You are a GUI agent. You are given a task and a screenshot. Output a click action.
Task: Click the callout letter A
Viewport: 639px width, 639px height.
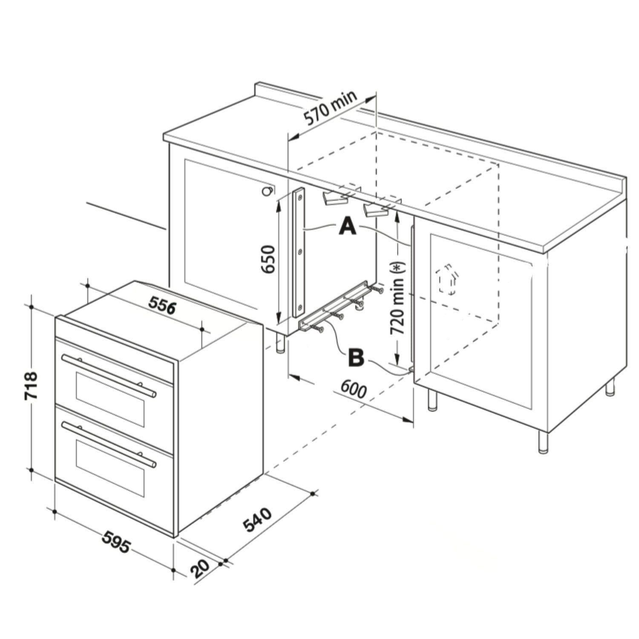coord(348,226)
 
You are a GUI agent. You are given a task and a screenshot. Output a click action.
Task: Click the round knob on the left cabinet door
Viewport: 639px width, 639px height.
coord(268,191)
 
